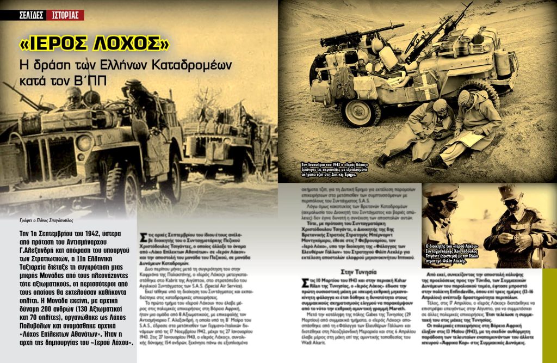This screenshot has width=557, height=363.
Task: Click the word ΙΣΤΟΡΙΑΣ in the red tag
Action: tap(65, 15)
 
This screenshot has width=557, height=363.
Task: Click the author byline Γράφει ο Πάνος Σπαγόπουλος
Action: tap(47, 221)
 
